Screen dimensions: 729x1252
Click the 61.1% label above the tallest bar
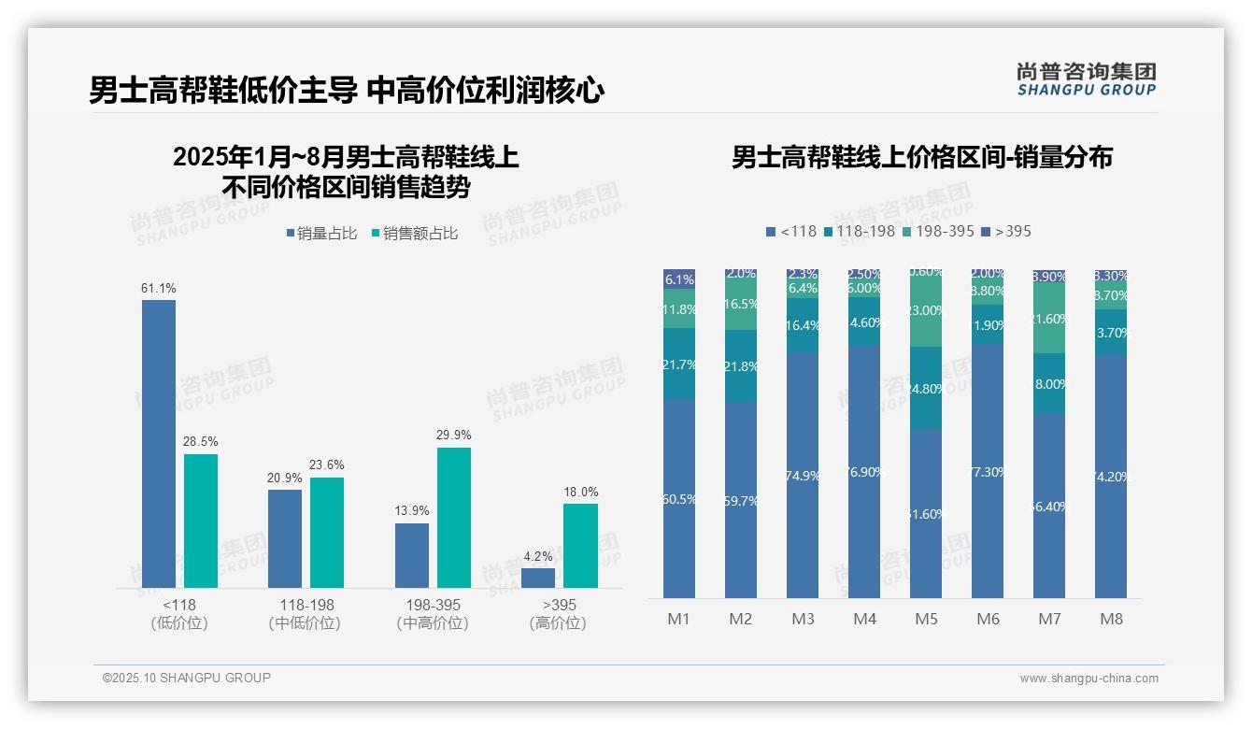(x=158, y=288)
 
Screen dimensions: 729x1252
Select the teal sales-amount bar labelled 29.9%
(x=454, y=517)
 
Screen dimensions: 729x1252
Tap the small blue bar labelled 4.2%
(x=538, y=578)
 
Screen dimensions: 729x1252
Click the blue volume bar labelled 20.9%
(x=285, y=538)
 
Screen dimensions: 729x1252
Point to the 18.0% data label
(x=580, y=492)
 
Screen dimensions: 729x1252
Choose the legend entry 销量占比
(x=320, y=234)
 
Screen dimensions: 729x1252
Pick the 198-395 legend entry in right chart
(x=938, y=231)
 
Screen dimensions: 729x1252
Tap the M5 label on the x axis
(x=926, y=619)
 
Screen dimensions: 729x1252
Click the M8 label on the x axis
(x=1111, y=619)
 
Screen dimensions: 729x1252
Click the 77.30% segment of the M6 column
(x=988, y=472)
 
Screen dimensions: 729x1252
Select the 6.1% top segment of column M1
(x=679, y=279)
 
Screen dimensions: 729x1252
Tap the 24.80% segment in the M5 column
(x=926, y=388)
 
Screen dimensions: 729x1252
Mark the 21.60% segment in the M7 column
(x=1049, y=318)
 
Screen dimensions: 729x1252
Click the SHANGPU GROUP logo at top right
(x=1086, y=79)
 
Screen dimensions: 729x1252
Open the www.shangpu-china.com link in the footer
(x=1088, y=678)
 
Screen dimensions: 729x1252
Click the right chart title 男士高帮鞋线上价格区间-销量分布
(x=921, y=157)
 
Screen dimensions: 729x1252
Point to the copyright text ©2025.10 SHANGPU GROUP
(x=187, y=678)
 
